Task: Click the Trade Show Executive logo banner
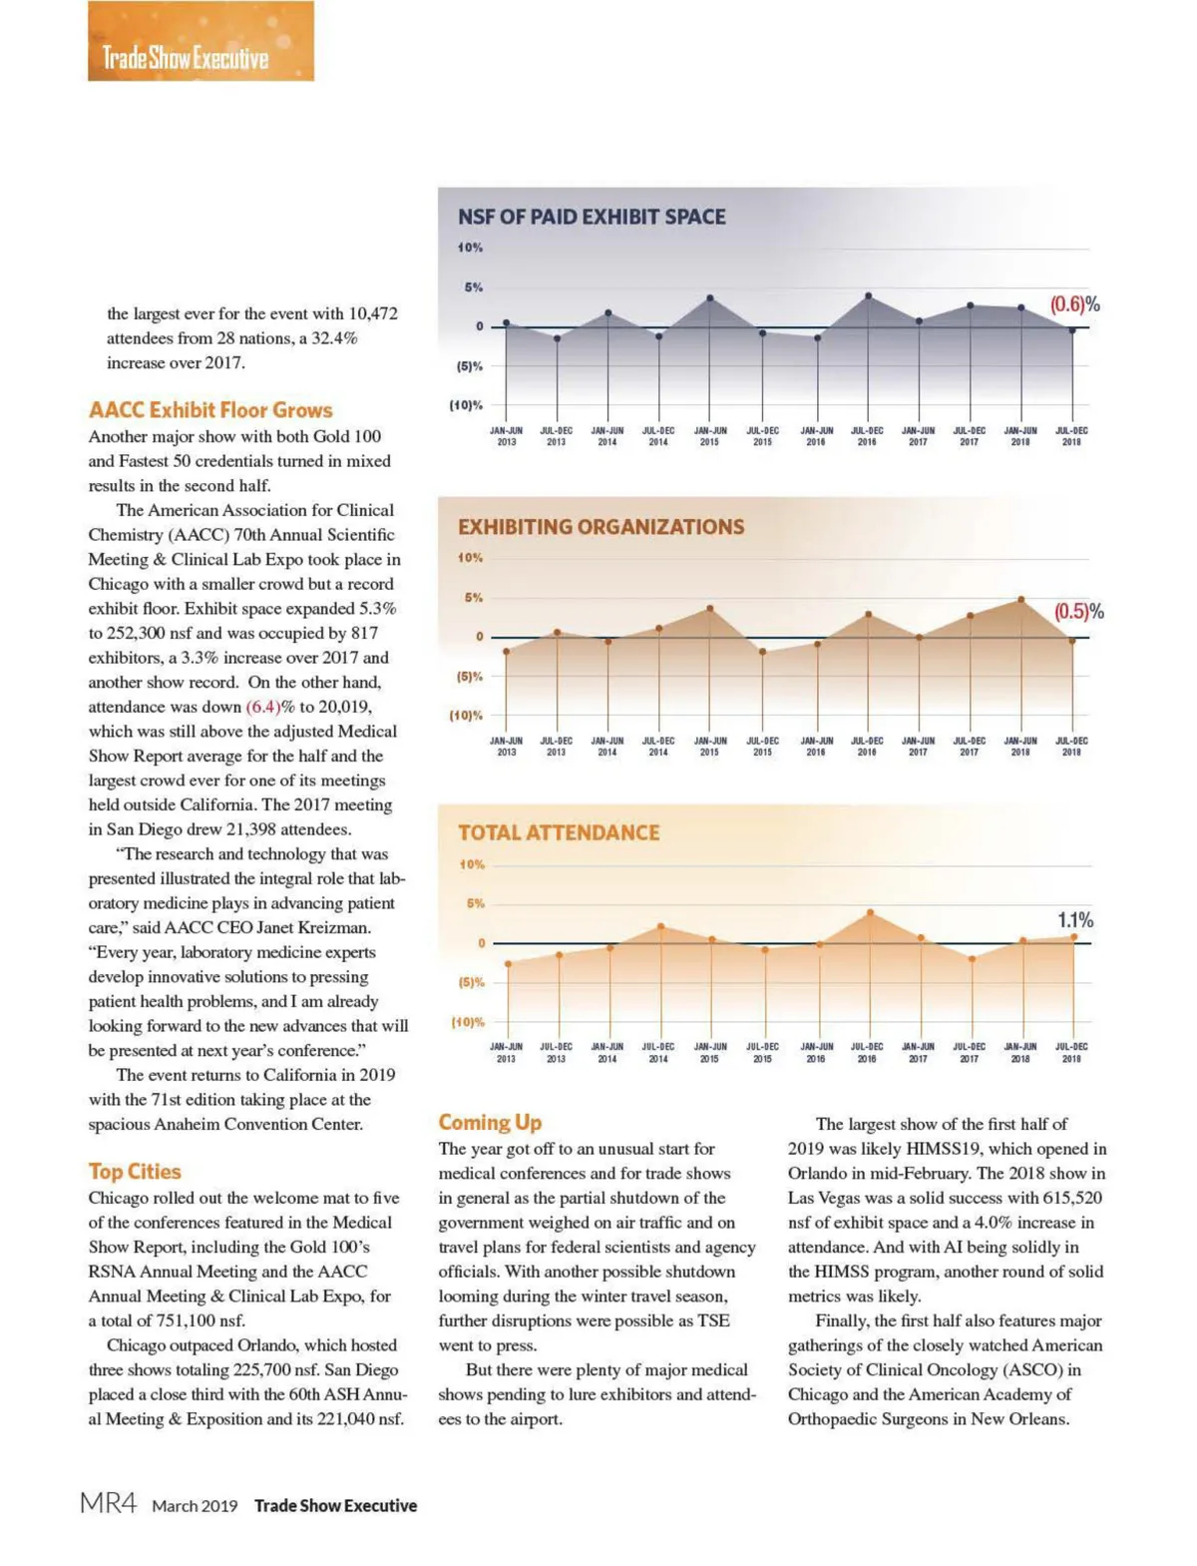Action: click(200, 42)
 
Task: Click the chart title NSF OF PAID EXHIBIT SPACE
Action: click(592, 217)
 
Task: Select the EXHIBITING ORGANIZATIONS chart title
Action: click(600, 527)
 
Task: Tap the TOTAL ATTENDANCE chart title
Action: click(559, 832)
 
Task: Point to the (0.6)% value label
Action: click(1074, 304)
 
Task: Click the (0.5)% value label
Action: click(1078, 612)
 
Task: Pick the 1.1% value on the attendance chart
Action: click(1075, 919)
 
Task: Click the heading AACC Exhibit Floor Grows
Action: click(210, 410)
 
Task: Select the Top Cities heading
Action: click(135, 1172)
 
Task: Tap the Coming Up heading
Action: click(490, 1123)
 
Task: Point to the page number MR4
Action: click(108, 1504)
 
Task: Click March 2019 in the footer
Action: click(195, 1506)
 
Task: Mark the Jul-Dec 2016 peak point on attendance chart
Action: click(870, 912)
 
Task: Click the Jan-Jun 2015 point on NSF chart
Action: click(710, 298)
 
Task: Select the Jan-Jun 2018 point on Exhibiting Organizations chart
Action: click(1020, 600)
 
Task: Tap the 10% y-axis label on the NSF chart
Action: click(470, 248)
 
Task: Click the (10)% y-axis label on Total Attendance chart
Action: click(467, 1022)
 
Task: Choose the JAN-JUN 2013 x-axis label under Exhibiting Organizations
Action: click(506, 747)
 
